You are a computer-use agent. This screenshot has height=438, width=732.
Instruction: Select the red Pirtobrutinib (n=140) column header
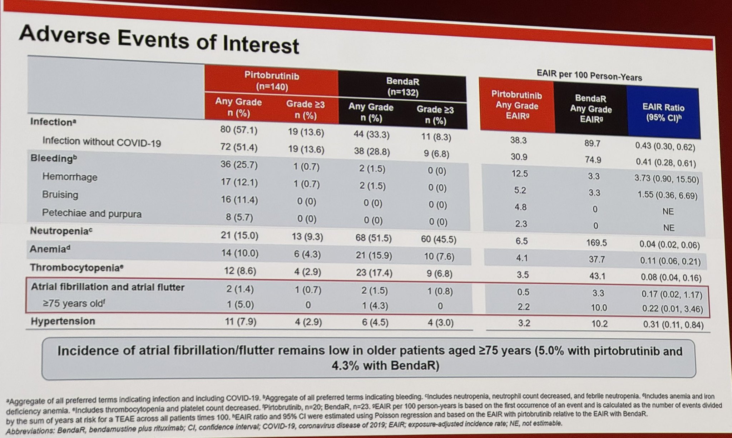point(272,81)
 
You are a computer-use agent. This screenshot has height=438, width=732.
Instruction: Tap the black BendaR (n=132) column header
point(402,87)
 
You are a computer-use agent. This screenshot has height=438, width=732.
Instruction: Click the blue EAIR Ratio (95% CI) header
point(663,113)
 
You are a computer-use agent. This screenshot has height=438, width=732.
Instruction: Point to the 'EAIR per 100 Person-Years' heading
point(589,75)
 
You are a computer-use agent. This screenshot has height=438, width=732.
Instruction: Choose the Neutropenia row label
point(61,231)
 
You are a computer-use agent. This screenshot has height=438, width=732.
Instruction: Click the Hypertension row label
point(63,321)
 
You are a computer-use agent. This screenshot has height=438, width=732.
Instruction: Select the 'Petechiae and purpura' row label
point(91,213)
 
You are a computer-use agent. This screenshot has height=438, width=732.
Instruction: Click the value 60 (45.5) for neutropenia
point(438,239)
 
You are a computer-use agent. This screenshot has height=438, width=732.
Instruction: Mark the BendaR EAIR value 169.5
point(596,243)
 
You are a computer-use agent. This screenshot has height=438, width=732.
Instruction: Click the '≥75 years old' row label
point(74,303)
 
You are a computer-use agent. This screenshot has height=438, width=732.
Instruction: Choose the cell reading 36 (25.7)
point(239,165)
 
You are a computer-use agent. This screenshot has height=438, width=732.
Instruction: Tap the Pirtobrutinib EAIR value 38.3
point(518,140)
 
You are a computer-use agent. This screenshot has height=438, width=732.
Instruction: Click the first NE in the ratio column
point(668,211)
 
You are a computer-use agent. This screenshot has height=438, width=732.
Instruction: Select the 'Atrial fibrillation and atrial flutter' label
point(108,287)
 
